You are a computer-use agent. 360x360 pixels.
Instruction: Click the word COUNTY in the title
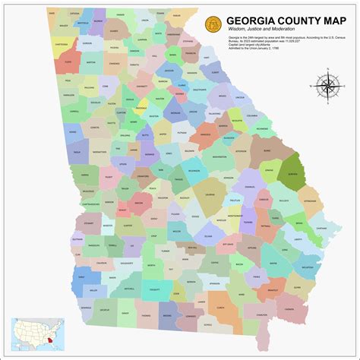(280, 14)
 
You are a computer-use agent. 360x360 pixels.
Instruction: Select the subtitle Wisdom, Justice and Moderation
(263, 27)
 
